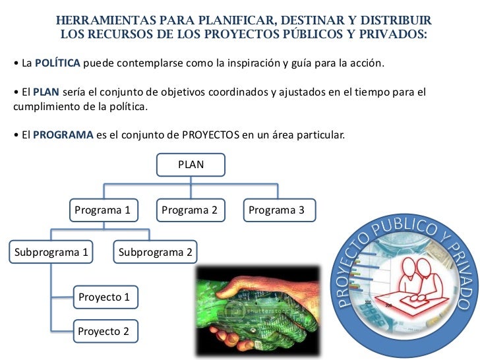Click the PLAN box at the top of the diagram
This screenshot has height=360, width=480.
pyautogui.click(x=191, y=165)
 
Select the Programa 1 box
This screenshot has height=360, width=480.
pyautogui.click(x=102, y=210)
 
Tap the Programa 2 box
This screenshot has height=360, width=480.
pyautogui.click(x=189, y=210)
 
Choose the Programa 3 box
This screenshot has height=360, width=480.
pyautogui.click(x=276, y=210)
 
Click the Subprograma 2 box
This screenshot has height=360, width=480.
pyautogui.click(x=156, y=252)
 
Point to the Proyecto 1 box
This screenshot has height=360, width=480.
pyautogui.click(x=104, y=297)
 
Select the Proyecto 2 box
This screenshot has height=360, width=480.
pyautogui.click(x=104, y=331)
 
